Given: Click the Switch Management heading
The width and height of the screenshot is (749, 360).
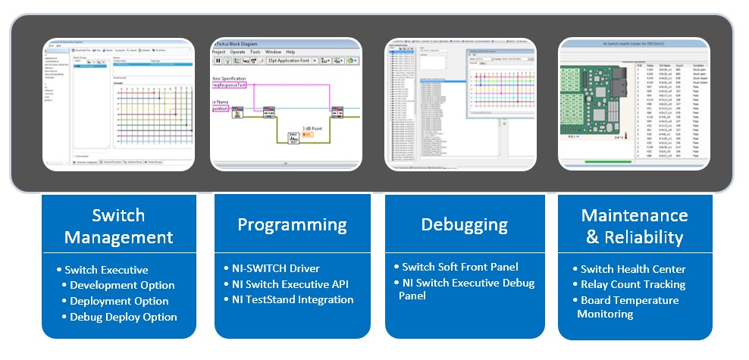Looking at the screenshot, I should [x=118, y=226].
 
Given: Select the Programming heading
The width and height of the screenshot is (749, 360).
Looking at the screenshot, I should [x=292, y=224].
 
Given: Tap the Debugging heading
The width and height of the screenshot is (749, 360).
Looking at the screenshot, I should [x=465, y=224].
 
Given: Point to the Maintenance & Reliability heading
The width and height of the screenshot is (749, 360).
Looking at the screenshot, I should [x=635, y=226].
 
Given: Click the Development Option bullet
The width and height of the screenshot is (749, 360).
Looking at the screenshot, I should [x=122, y=285].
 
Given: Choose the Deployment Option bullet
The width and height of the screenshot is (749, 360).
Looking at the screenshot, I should [x=119, y=301].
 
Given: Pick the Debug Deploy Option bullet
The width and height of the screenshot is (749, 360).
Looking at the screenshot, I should [x=124, y=317].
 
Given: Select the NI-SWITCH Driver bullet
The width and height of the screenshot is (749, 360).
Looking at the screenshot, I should [x=277, y=268].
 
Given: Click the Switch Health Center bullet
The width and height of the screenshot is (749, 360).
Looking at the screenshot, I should [x=633, y=269].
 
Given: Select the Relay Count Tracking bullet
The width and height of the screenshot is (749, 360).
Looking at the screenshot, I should [x=633, y=284].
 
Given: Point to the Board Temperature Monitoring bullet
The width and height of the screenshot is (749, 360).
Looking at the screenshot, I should [x=629, y=307].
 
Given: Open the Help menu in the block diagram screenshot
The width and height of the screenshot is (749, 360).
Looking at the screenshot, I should [x=290, y=52].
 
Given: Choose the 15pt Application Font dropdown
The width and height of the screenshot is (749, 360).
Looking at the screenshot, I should [x=291, y=60].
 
